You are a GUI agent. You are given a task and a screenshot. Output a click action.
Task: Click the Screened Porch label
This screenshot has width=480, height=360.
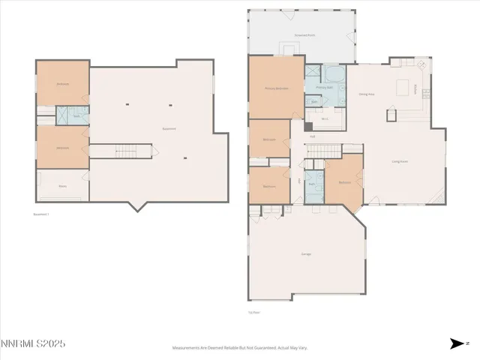point(304,35)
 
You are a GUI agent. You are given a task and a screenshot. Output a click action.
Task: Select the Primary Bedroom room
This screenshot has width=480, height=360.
point(276,88)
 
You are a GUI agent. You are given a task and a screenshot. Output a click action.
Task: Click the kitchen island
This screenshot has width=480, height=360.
point(403,85)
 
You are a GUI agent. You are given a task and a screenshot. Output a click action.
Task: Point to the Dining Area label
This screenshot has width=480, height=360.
point(367,94)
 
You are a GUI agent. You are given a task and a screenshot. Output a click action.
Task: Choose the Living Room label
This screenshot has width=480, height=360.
point(399,160)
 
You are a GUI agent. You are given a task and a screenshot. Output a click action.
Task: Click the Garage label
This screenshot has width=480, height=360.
point(306,254)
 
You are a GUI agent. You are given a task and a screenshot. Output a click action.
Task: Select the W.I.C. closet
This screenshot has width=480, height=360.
point(325,118)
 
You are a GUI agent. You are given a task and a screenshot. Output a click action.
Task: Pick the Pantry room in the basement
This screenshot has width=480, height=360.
point(62,185)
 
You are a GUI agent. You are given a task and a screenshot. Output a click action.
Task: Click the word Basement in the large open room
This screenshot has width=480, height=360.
point(169,128)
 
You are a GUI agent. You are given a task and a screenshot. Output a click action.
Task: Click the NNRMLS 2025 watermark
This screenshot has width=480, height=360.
point(33,343)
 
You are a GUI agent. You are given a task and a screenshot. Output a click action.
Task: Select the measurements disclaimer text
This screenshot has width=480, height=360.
point(240,348)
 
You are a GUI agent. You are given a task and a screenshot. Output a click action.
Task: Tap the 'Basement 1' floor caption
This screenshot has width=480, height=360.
point(41,214)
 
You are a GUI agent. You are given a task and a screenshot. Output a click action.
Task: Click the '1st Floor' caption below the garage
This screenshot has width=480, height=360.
point(254,312)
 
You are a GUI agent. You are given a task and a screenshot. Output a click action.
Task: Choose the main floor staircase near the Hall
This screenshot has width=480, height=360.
point(325,153)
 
